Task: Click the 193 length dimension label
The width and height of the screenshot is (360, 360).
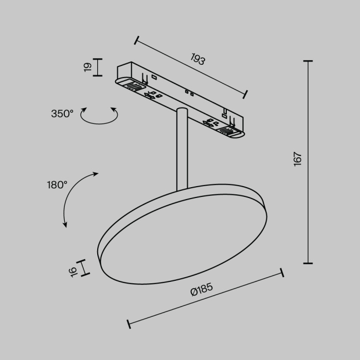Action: pos(197,60)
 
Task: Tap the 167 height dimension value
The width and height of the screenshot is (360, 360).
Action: pos(297,158)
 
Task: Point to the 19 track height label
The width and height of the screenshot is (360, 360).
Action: pos(87,66)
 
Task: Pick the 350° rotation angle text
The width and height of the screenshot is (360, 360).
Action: pos(62,114)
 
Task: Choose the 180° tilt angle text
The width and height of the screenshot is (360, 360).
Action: pos(57,184)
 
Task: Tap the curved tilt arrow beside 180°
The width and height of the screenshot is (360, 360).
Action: pos(72,198)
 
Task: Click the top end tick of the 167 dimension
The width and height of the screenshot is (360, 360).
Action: pos(308,61)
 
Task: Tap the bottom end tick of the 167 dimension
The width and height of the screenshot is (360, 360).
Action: pos(308,263)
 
